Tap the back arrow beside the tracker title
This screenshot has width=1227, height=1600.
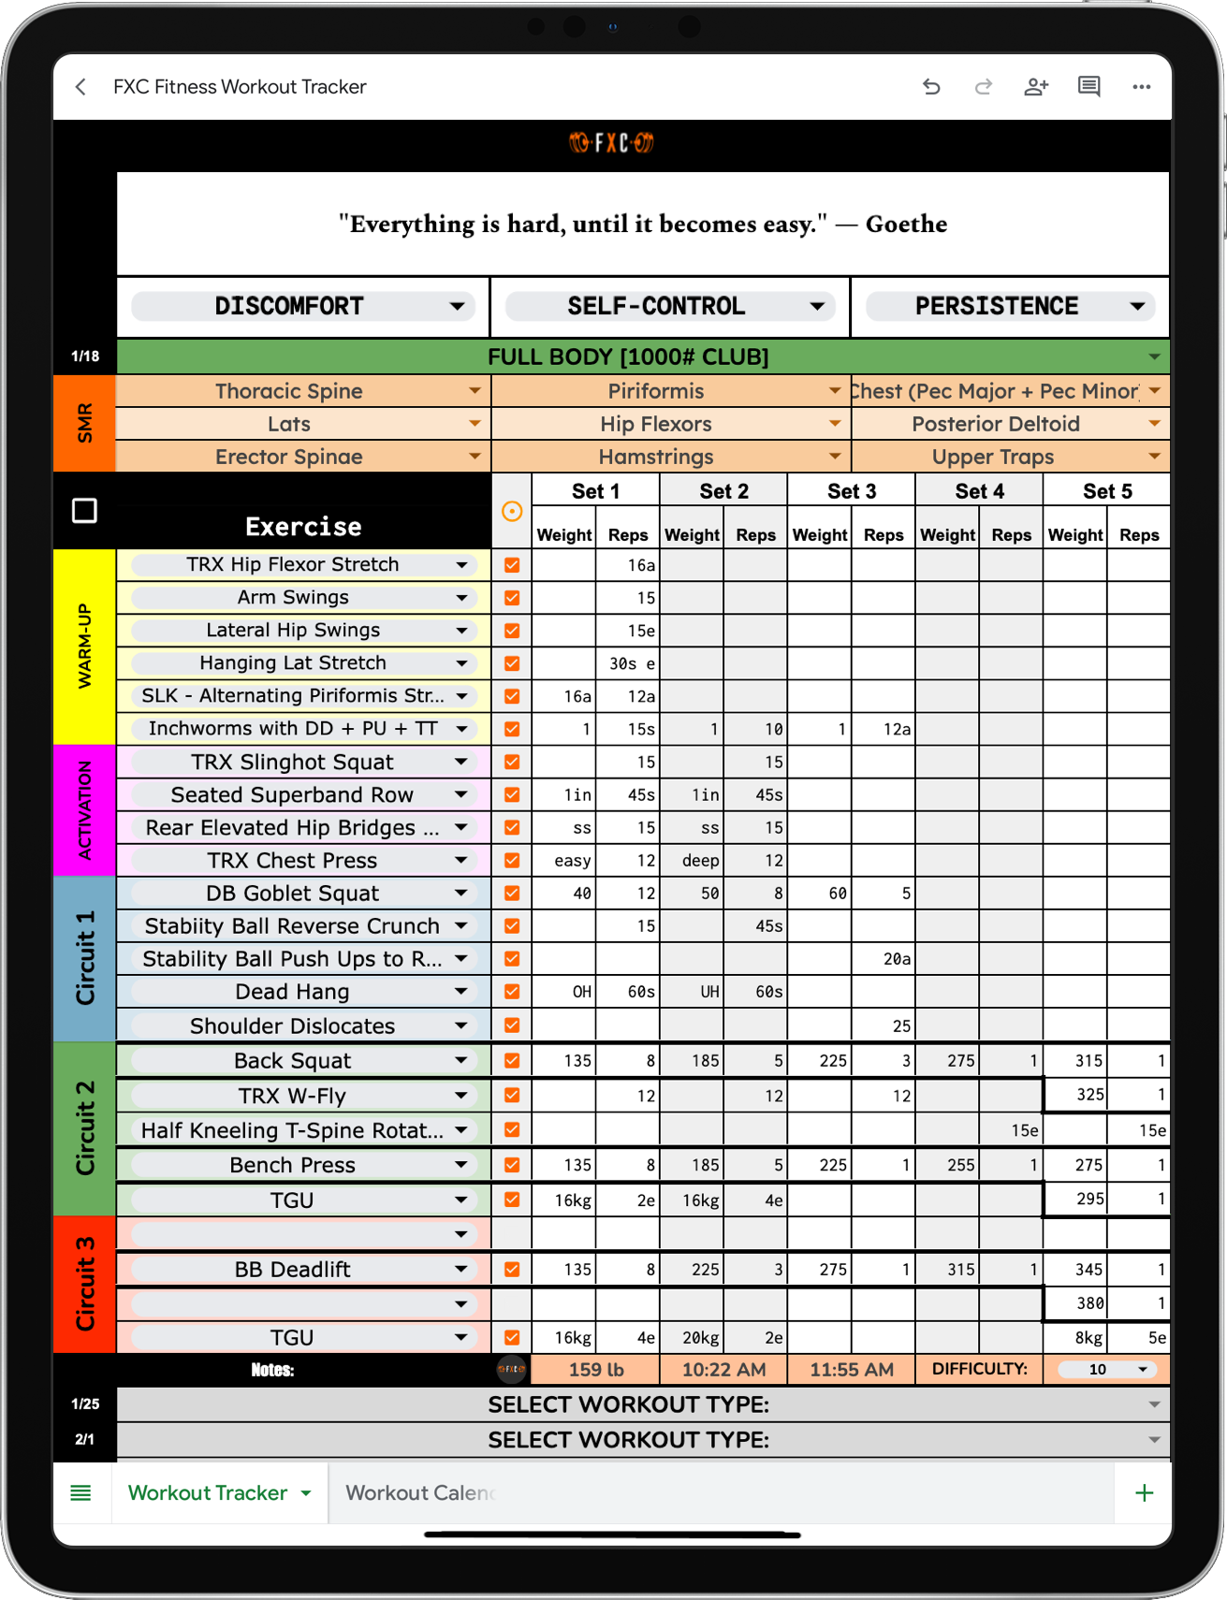81,87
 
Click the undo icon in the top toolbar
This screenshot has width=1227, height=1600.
931,87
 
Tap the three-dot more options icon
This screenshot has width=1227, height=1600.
1141,87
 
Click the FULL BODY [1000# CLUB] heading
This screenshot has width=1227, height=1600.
628,357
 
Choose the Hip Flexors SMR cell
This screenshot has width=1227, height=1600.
656,425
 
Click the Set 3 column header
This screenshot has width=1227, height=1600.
851,491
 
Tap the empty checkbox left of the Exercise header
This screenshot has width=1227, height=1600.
84,511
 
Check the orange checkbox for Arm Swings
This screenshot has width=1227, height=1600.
512,598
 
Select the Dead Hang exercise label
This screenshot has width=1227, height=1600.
292,992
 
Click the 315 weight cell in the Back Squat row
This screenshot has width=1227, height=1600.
1076,1061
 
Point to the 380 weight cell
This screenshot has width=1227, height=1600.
1076,1303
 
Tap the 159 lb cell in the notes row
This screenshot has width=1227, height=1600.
595,1370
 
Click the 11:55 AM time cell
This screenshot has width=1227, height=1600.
851,1370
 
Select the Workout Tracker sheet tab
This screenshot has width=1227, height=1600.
208,1493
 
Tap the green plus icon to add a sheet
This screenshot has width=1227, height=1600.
1144,1493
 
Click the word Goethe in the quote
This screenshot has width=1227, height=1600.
906,225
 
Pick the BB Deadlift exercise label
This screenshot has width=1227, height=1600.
292,1270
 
